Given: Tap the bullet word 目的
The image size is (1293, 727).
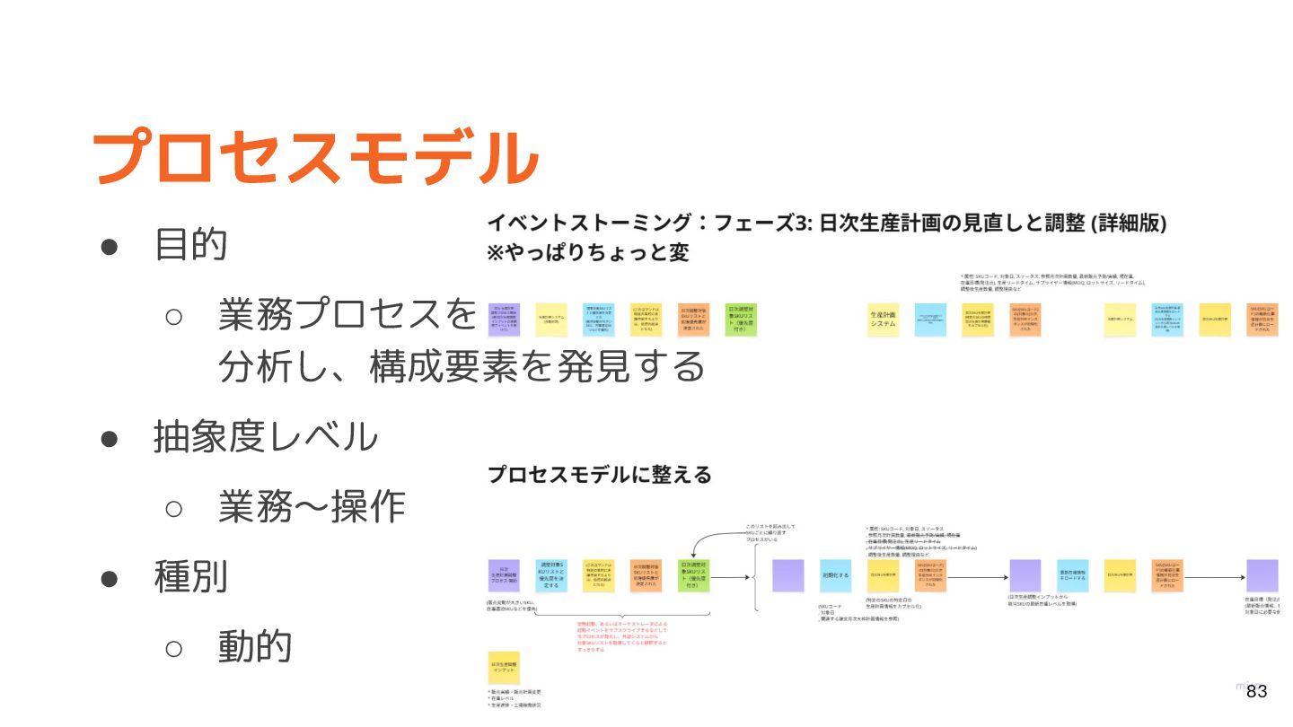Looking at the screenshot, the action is (x=191, y=243).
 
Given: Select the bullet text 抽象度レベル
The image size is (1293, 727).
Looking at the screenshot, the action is (x=266, y=437).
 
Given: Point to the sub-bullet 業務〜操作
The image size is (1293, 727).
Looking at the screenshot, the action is (x=312, y=508).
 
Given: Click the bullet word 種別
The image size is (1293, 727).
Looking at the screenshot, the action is (x=191, y=576).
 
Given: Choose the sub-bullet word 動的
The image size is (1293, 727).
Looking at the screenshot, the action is (x=256, y=646).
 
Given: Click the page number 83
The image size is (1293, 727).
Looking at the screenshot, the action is (x=1256, y=691).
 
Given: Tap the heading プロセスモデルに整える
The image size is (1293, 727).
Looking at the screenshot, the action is (x=599, y=475).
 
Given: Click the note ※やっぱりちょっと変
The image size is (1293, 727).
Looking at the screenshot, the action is (x=588, y=253).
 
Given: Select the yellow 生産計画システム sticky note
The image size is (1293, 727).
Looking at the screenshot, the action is (x=884, y=320).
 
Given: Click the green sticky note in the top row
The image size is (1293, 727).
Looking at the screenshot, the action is (x=741, y=320).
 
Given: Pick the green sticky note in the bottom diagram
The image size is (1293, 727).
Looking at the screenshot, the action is (x=693, y=575).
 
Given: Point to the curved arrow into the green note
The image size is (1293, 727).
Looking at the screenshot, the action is (x=710, y=539).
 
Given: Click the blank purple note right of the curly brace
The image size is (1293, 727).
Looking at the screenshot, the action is (x=787, y=575).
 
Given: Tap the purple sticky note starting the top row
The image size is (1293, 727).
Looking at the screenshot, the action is (x=504, y=320).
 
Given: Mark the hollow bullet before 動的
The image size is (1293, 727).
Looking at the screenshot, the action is (x=174, y=647).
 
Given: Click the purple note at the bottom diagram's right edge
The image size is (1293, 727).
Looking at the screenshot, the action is (x=1262, y=575).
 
